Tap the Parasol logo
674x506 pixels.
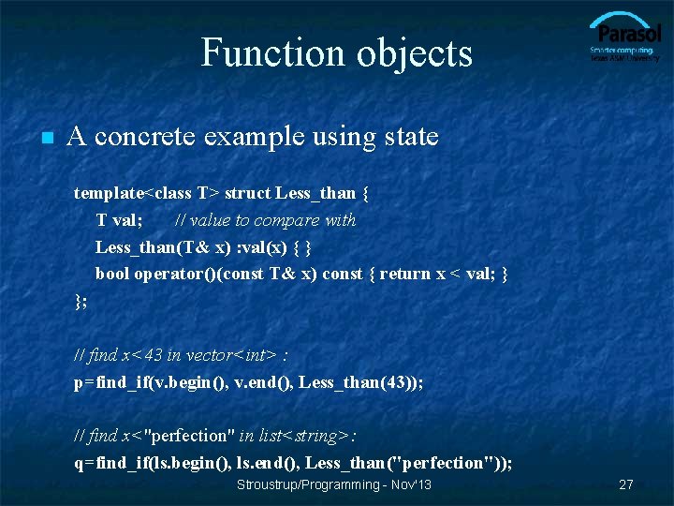coord(623,37)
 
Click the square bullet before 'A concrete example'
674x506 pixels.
coord(44,138)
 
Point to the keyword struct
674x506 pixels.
coord(248,193)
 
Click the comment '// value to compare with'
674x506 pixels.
coord(266,220)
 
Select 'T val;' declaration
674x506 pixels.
coord(119,220)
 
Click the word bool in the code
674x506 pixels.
coord(112,274)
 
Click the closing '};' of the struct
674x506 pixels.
coord(81,301)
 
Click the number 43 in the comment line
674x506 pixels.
coord(154,355)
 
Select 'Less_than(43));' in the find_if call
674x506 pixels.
coord(360,382)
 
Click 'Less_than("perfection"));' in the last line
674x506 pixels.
coord(408,463)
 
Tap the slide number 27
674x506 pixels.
coord(626,485)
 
